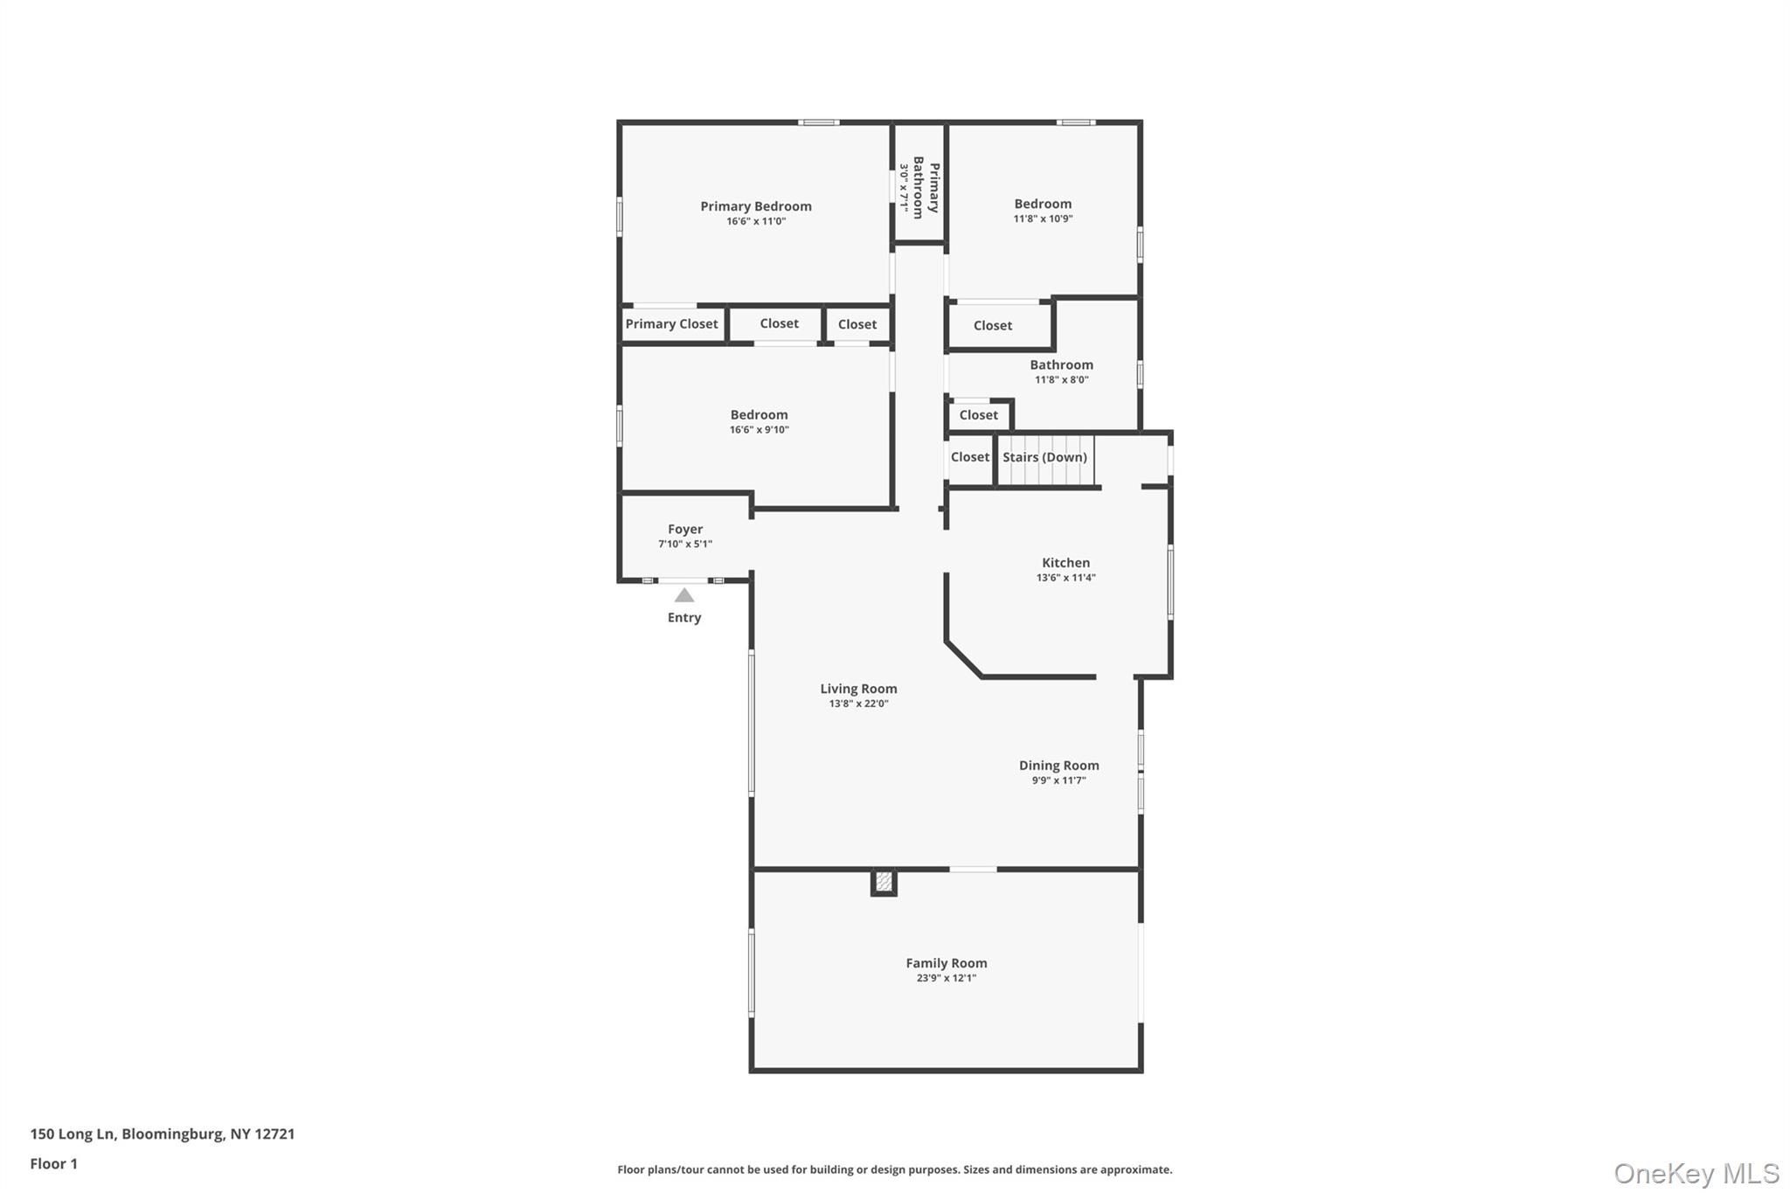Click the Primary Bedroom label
[x=755, y=206]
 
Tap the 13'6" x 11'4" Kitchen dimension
[x=1065, y=578]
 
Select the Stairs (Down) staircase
[x=1045, y=461]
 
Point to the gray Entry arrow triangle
[x=684, y=596]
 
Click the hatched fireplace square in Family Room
[x=884, y=882]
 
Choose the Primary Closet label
[x=671, y=324]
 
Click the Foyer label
[x=685, y=530]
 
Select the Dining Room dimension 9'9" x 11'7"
[x=1058, y=780]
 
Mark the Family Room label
[x=946, y=963]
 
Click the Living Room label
[x=858, y=689]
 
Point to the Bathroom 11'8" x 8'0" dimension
[x=1061, y=380]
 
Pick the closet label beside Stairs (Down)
[x=969, y=457]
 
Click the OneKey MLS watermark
[x=1696, y=1173]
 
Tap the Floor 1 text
[x=54, y=1163]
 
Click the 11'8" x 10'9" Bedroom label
[x=1043, y=204]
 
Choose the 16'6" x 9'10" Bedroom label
[x=759, y=415]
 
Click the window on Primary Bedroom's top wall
[x=818, y=122]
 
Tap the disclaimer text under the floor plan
[x=894, y=1169]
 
